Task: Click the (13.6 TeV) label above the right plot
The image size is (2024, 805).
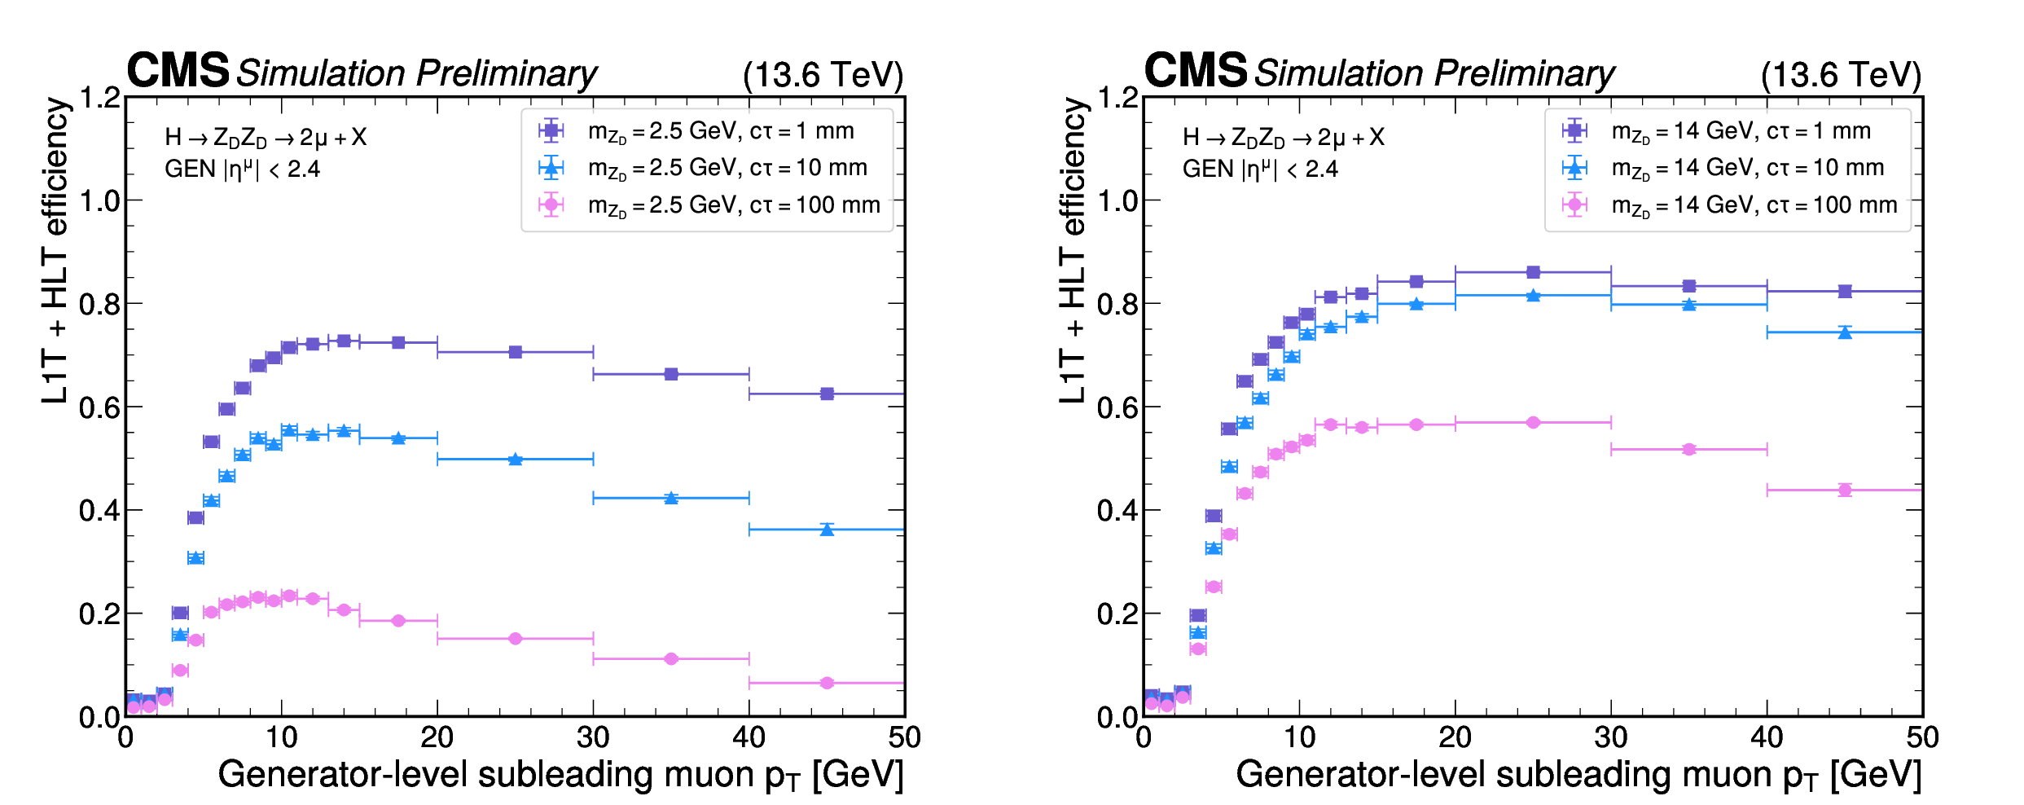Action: point(1840,75)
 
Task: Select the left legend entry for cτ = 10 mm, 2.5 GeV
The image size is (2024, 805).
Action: point(727,169)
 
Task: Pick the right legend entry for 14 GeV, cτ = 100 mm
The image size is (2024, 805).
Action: point(1754,205)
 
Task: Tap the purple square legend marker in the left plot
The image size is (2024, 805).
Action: point(551,130)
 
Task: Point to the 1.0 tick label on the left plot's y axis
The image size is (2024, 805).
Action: point(99,201)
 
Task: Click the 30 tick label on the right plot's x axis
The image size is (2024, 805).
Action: point(1610,737)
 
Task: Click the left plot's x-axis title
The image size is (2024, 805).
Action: point(560,775)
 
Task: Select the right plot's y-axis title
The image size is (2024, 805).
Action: point(1073,251)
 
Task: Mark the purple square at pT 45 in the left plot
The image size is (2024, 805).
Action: point(827,394)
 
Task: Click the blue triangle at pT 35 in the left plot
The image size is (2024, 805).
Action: point(671,498)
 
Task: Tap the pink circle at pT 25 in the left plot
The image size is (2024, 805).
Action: point(515,639)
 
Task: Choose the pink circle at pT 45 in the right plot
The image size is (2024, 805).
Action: point(1845,490)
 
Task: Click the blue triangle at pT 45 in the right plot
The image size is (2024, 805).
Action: point(1845,332)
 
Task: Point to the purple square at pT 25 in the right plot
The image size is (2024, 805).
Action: point(1533,272)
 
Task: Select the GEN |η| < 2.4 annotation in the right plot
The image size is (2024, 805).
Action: point(1260,169)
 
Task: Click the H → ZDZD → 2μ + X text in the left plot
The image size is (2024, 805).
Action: point(266,138)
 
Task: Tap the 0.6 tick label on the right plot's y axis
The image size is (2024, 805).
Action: point(1117,407)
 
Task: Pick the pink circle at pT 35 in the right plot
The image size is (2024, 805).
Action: point(1688,449)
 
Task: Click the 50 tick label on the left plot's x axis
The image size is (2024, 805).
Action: point(904,737)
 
